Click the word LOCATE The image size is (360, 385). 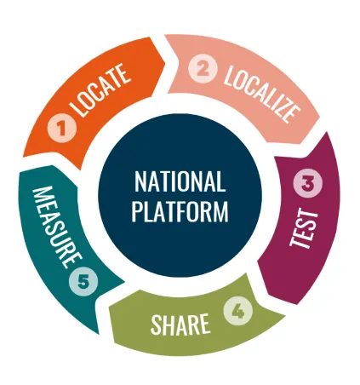pyautogui.click(x=100, y=90)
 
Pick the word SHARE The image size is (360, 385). pyautogui.click(x=180, y=325)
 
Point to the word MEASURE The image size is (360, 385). pyautogui.click(x=57, y=227)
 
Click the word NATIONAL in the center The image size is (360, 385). pyautogui.click(x=180, y=181)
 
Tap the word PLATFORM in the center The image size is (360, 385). pyautogui.click(x=180, y=211)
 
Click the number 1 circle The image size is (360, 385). pyautogui.click(x=62, y=128)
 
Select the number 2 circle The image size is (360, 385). pyautogui.click(x=203, y=69)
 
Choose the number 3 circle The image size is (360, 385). pyautogui.click(x=308, y=183)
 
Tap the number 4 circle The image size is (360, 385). pyautogui.click(x=238, y=311)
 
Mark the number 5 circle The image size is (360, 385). pyautogui.click(x=83, y=282)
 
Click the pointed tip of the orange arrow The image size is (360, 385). pyautogui.click(x=165, y=62)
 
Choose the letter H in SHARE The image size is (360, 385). pyautogui.click(x=170, y=325)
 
